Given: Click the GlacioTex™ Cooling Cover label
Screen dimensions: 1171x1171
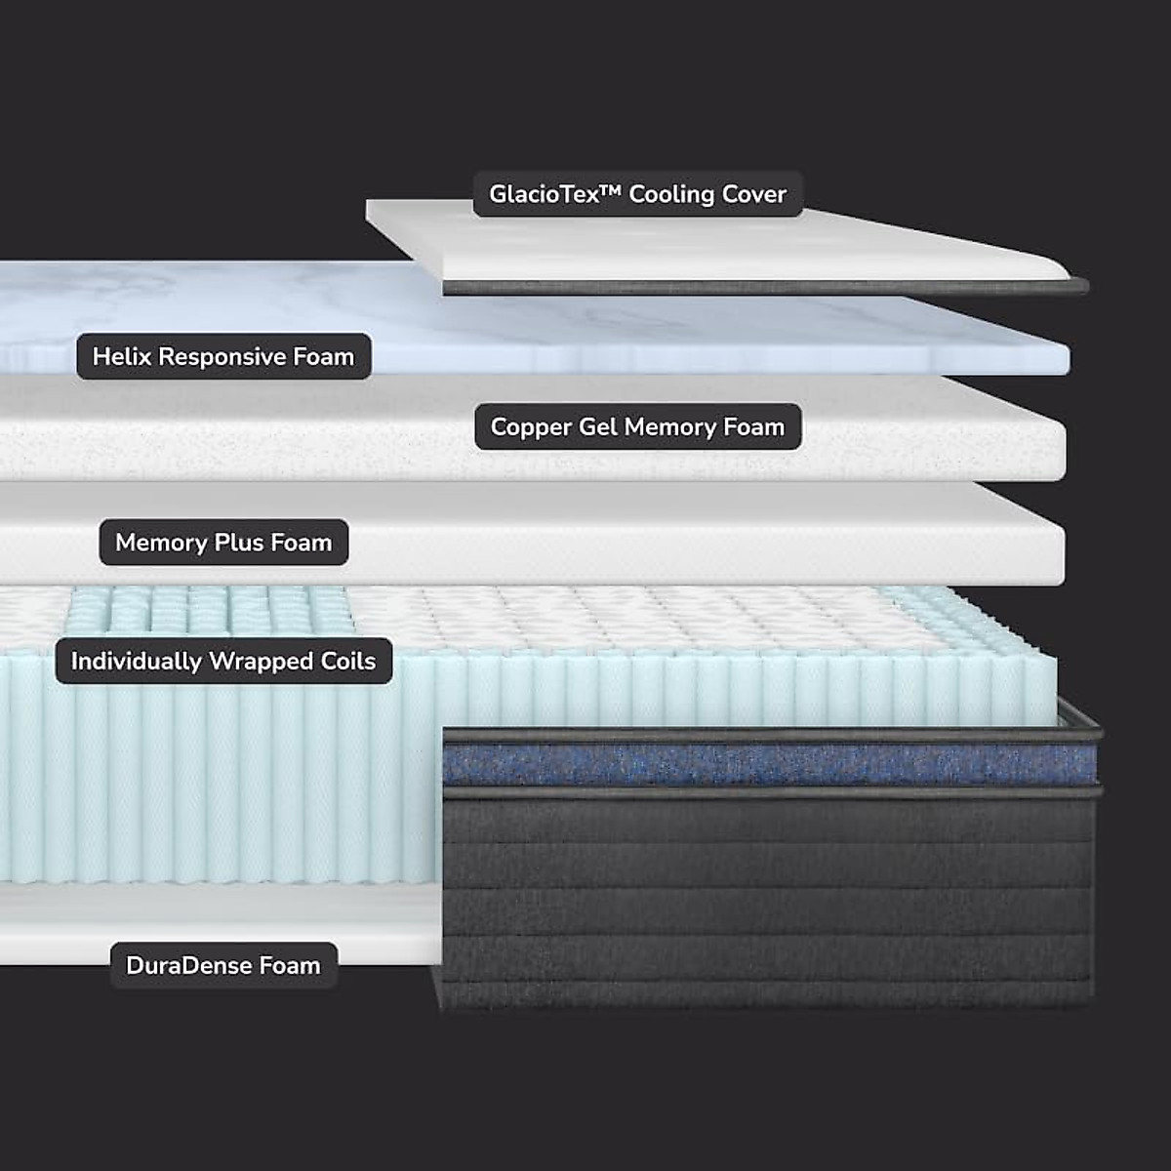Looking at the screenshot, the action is click(637, 194).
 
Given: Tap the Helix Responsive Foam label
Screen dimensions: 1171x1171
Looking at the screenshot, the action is click(223, 356).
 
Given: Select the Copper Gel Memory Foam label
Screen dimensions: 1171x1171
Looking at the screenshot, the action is click(637, 426).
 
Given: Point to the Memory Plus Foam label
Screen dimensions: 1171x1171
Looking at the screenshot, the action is click(223, 543).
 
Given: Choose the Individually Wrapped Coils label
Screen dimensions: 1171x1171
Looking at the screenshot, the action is click(223, 661).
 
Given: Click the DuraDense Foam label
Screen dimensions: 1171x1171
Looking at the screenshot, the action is click(223, 965).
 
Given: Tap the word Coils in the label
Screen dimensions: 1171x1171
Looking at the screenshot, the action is click(348, 661).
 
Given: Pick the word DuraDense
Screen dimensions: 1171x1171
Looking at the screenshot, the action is click(189, 965).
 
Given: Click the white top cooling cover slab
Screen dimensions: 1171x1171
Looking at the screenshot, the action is click(742, 249).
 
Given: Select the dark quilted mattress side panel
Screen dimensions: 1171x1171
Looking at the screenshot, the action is click(766, 898).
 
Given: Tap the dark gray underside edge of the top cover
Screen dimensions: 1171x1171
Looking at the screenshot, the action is click(761, 288).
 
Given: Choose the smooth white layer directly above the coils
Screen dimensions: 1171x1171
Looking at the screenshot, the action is click(683, 546).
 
